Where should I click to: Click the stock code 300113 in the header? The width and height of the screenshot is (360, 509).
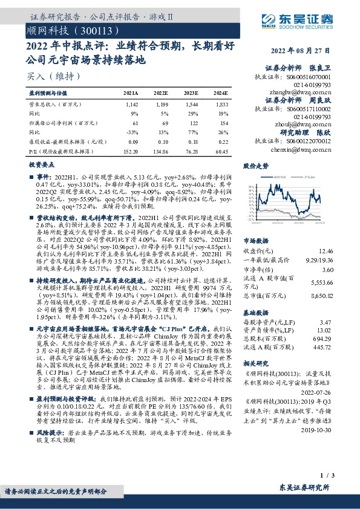[x=91, y=30]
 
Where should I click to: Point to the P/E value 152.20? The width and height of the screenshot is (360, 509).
[x=129, y=152]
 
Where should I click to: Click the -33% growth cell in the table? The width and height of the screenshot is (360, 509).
[x=134, y=132]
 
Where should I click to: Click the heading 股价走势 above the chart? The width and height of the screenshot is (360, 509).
[x=255, y=164]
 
